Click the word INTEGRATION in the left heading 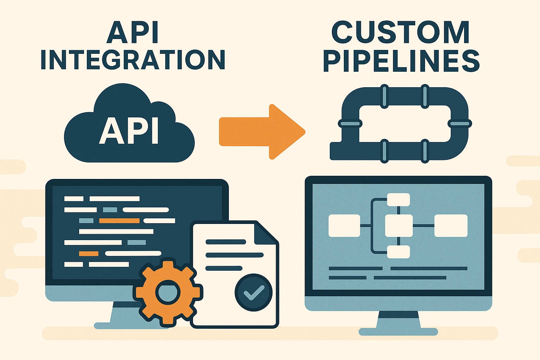(133, 60)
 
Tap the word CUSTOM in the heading (400, 33)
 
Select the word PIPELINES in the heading (401, 61)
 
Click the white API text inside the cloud (129, 131)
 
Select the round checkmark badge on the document (253, 292)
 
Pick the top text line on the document (226, 242)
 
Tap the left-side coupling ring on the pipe (350, 123)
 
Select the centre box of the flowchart (399, 226)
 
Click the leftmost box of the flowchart (344, 226)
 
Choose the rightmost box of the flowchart (451, 226)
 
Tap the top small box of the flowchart (398, 200)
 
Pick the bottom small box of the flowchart (398, 252)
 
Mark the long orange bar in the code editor (119, 221)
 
